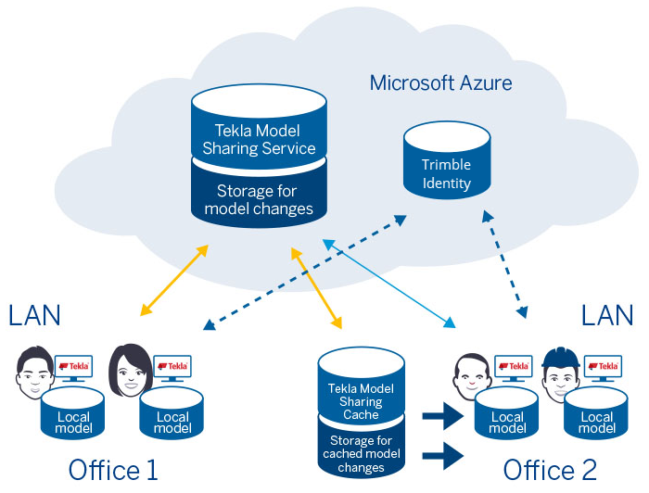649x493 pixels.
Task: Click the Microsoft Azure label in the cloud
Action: [x=440, y=82]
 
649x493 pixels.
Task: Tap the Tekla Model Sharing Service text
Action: [x=259, y=139]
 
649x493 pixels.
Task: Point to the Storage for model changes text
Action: [x=259, y=200]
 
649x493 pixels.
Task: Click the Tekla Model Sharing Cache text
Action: [x=361, y=402]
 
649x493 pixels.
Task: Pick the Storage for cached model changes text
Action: [x=361, y=454]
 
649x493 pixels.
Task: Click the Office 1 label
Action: [x=113, y=470]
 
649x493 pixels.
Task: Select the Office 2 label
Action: [x=551, y=470]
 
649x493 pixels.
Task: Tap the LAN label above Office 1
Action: [x=34, y=315]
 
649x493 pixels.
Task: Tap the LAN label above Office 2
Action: [x=607, y=315]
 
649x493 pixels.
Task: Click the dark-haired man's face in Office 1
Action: [x=35, y=373]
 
